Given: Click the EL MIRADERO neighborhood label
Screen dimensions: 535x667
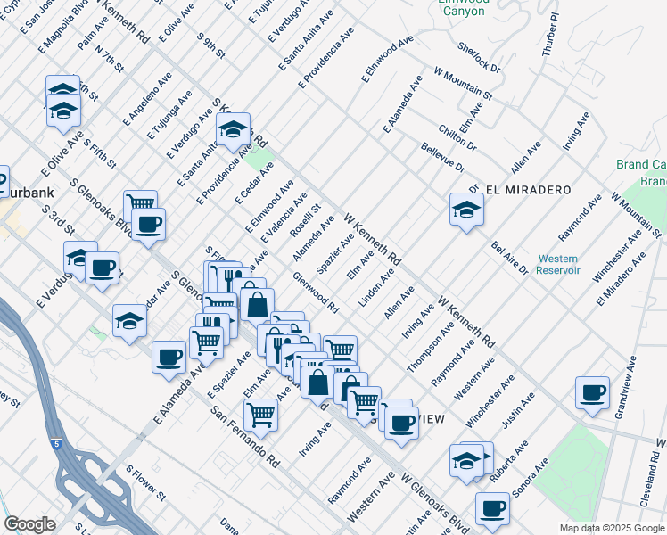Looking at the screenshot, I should coord(519,190).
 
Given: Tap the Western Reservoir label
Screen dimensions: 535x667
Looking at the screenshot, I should coord(558,264).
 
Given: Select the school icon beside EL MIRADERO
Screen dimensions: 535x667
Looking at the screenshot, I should coord(466,210).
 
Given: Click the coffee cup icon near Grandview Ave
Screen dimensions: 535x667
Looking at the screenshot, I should coord(592,392).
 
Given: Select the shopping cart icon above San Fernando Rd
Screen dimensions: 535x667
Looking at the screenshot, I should coord(260,414).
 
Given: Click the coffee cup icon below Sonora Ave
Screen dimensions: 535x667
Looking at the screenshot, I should coord(491,508).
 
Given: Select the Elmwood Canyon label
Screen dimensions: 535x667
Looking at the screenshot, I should coord(465,7).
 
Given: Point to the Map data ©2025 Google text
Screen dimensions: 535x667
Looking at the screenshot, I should coord(611,528).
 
